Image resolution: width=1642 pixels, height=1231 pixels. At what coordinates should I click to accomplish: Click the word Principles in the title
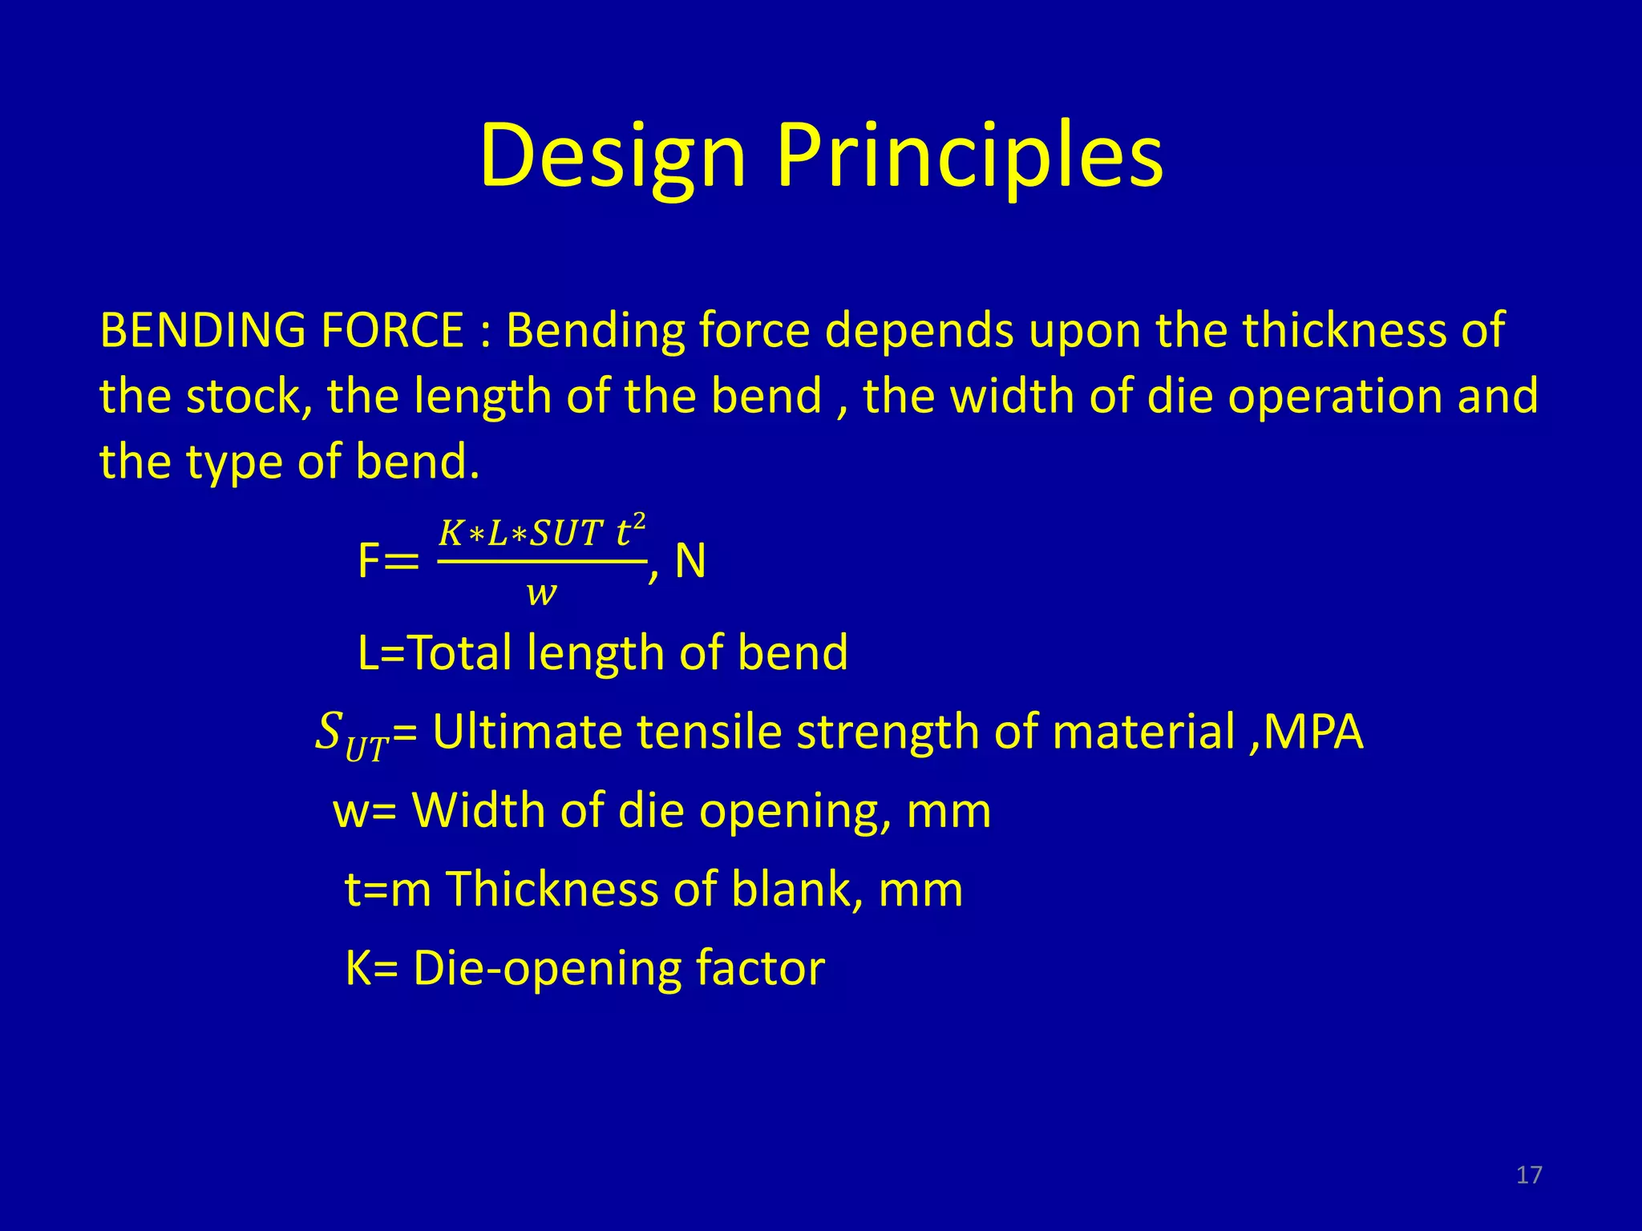[x=969, y=156]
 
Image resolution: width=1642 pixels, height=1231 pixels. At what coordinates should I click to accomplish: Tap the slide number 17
[x=1529, y=1175]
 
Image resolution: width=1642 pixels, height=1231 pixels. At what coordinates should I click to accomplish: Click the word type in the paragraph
[x=233, y=463]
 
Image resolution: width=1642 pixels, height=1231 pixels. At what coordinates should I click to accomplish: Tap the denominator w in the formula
[x=541, y=593]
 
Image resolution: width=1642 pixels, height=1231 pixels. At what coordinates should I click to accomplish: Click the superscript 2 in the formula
[x=639, y=521]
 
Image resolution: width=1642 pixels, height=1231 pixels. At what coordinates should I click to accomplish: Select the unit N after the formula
[x=690, y=561]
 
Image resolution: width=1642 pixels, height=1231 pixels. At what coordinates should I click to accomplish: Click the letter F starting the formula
[x=368, y=561]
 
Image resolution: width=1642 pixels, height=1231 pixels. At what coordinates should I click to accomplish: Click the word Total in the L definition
[x=461, y=652]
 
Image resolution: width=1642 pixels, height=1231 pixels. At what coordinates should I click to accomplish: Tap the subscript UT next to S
[x=367, y=749]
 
